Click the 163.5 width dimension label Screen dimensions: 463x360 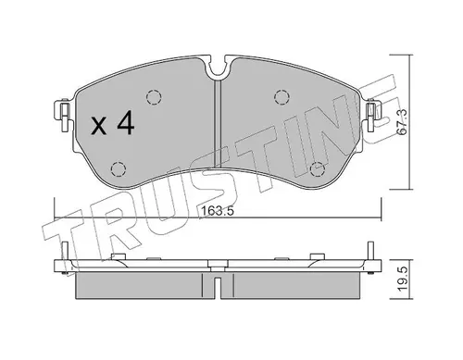[x=218, y=211]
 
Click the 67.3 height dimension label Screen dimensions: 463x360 [x=402, y=121]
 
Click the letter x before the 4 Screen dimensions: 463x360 [x=99, y=127]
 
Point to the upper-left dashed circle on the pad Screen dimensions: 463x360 [x=154, y=97]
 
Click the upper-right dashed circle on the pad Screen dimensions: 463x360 [x=282, y=97]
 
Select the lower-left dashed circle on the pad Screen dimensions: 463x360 [x=119, y=169]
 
